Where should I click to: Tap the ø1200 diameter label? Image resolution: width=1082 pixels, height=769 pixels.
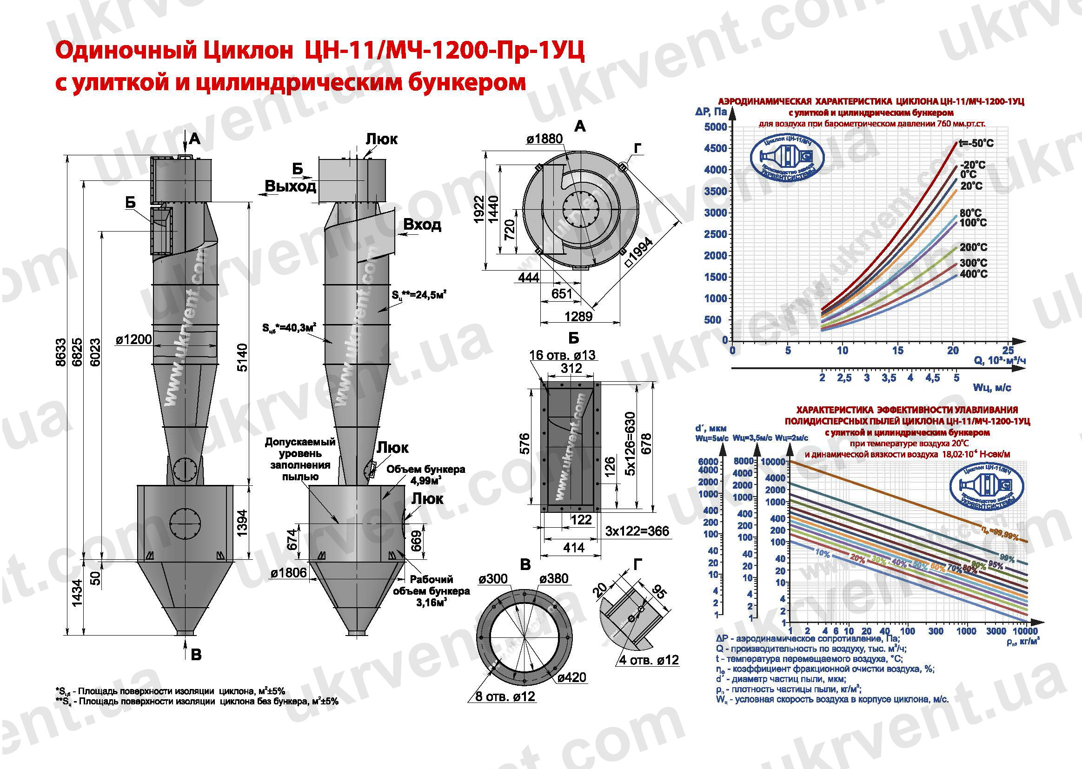point(134,339)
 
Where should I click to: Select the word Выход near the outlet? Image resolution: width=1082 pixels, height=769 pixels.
point(290,186)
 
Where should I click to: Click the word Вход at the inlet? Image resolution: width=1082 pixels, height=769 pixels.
point(422,225)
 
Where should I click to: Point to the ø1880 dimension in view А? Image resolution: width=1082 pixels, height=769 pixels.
point(544,139)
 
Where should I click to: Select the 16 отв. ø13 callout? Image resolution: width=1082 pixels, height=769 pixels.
point(562,355)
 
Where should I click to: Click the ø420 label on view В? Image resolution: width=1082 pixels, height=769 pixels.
point(571,677)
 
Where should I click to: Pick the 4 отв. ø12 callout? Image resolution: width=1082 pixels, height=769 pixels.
point(649,660)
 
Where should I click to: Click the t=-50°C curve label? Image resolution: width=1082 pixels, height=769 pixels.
point(976,143)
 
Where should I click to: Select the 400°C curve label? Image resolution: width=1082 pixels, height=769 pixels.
point(974,274)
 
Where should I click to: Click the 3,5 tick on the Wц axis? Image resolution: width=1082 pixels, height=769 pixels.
point(888,378)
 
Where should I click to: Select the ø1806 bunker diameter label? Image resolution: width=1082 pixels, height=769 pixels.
point(288,574)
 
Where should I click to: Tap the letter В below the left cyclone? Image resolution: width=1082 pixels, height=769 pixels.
point(196,655)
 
